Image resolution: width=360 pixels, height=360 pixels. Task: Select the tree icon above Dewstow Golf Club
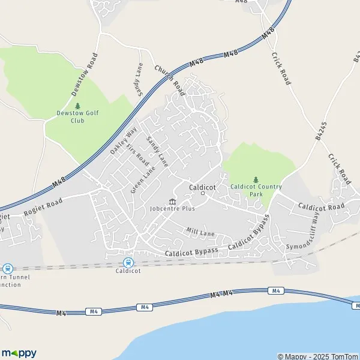(78, 106)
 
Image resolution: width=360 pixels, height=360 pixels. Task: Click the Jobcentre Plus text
(173, 208)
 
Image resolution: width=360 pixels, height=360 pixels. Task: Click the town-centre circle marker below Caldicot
(203, 193)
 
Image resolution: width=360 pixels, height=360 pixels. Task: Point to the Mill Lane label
(200, 231)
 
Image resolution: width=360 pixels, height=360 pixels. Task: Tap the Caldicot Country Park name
(256, 190)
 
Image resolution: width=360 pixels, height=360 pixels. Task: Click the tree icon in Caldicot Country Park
(256, 179)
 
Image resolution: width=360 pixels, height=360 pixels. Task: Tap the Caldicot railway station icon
(128, 262)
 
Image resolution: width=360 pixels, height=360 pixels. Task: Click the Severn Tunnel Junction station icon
(7, 269)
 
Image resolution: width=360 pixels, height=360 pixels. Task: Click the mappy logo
(19, 353)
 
